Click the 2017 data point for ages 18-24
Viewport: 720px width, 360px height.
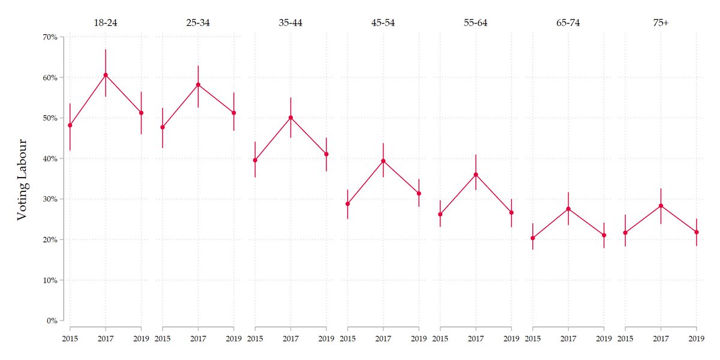pos(106,75)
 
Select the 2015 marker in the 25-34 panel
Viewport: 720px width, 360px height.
pos(163,127)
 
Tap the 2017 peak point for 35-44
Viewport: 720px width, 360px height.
pos(290,118)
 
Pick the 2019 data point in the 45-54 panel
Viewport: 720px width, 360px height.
pos(419,193)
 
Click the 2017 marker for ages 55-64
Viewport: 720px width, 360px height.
pos(476,175)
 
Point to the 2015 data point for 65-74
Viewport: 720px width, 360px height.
pos(532,238)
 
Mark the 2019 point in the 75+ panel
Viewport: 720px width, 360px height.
pos(697,232)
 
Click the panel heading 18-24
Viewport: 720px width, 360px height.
pos(106,23)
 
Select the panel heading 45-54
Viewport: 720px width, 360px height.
pos(383,23)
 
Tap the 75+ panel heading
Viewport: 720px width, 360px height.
pos(661,23)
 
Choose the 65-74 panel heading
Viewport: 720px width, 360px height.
pos(568,23)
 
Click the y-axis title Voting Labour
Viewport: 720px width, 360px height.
pos(22,180)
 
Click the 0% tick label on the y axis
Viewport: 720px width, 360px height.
pos(51,321)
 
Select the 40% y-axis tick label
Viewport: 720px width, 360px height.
pos(49,159)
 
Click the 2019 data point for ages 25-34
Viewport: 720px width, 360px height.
pos(233,113)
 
